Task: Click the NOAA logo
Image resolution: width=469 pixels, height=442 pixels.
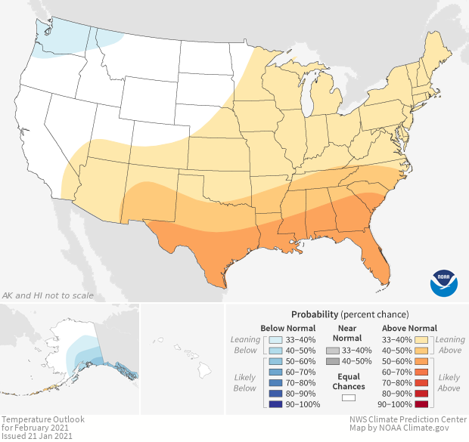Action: coord(444,281)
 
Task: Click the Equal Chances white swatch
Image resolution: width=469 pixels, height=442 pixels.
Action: coord(349,397)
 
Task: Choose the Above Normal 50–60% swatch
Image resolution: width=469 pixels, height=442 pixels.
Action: coord(421,363)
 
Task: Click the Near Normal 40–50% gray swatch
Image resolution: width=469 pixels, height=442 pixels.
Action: coord(333,363)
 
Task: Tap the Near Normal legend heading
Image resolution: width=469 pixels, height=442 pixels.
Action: coord(348,334)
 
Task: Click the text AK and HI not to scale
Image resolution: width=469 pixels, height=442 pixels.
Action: coord(48,295)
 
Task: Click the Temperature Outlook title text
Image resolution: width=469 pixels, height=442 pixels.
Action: coord(42,419)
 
